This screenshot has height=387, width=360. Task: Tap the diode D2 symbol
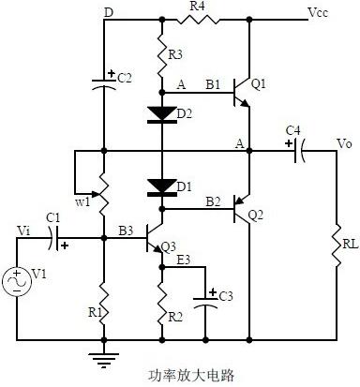point(161,114)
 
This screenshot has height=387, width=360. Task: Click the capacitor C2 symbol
point(105,82)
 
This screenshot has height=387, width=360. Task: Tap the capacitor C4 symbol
point(299,148)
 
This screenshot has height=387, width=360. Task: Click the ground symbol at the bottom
point(105,355)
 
